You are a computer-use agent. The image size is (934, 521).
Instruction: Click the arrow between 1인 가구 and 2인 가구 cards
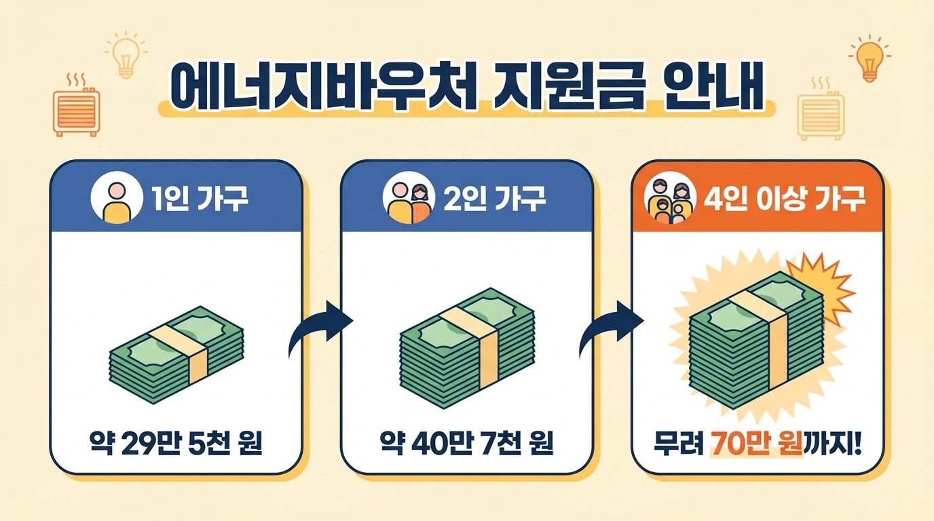point(320,328)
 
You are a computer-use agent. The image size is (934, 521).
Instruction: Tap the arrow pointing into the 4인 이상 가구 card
point(611,328)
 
